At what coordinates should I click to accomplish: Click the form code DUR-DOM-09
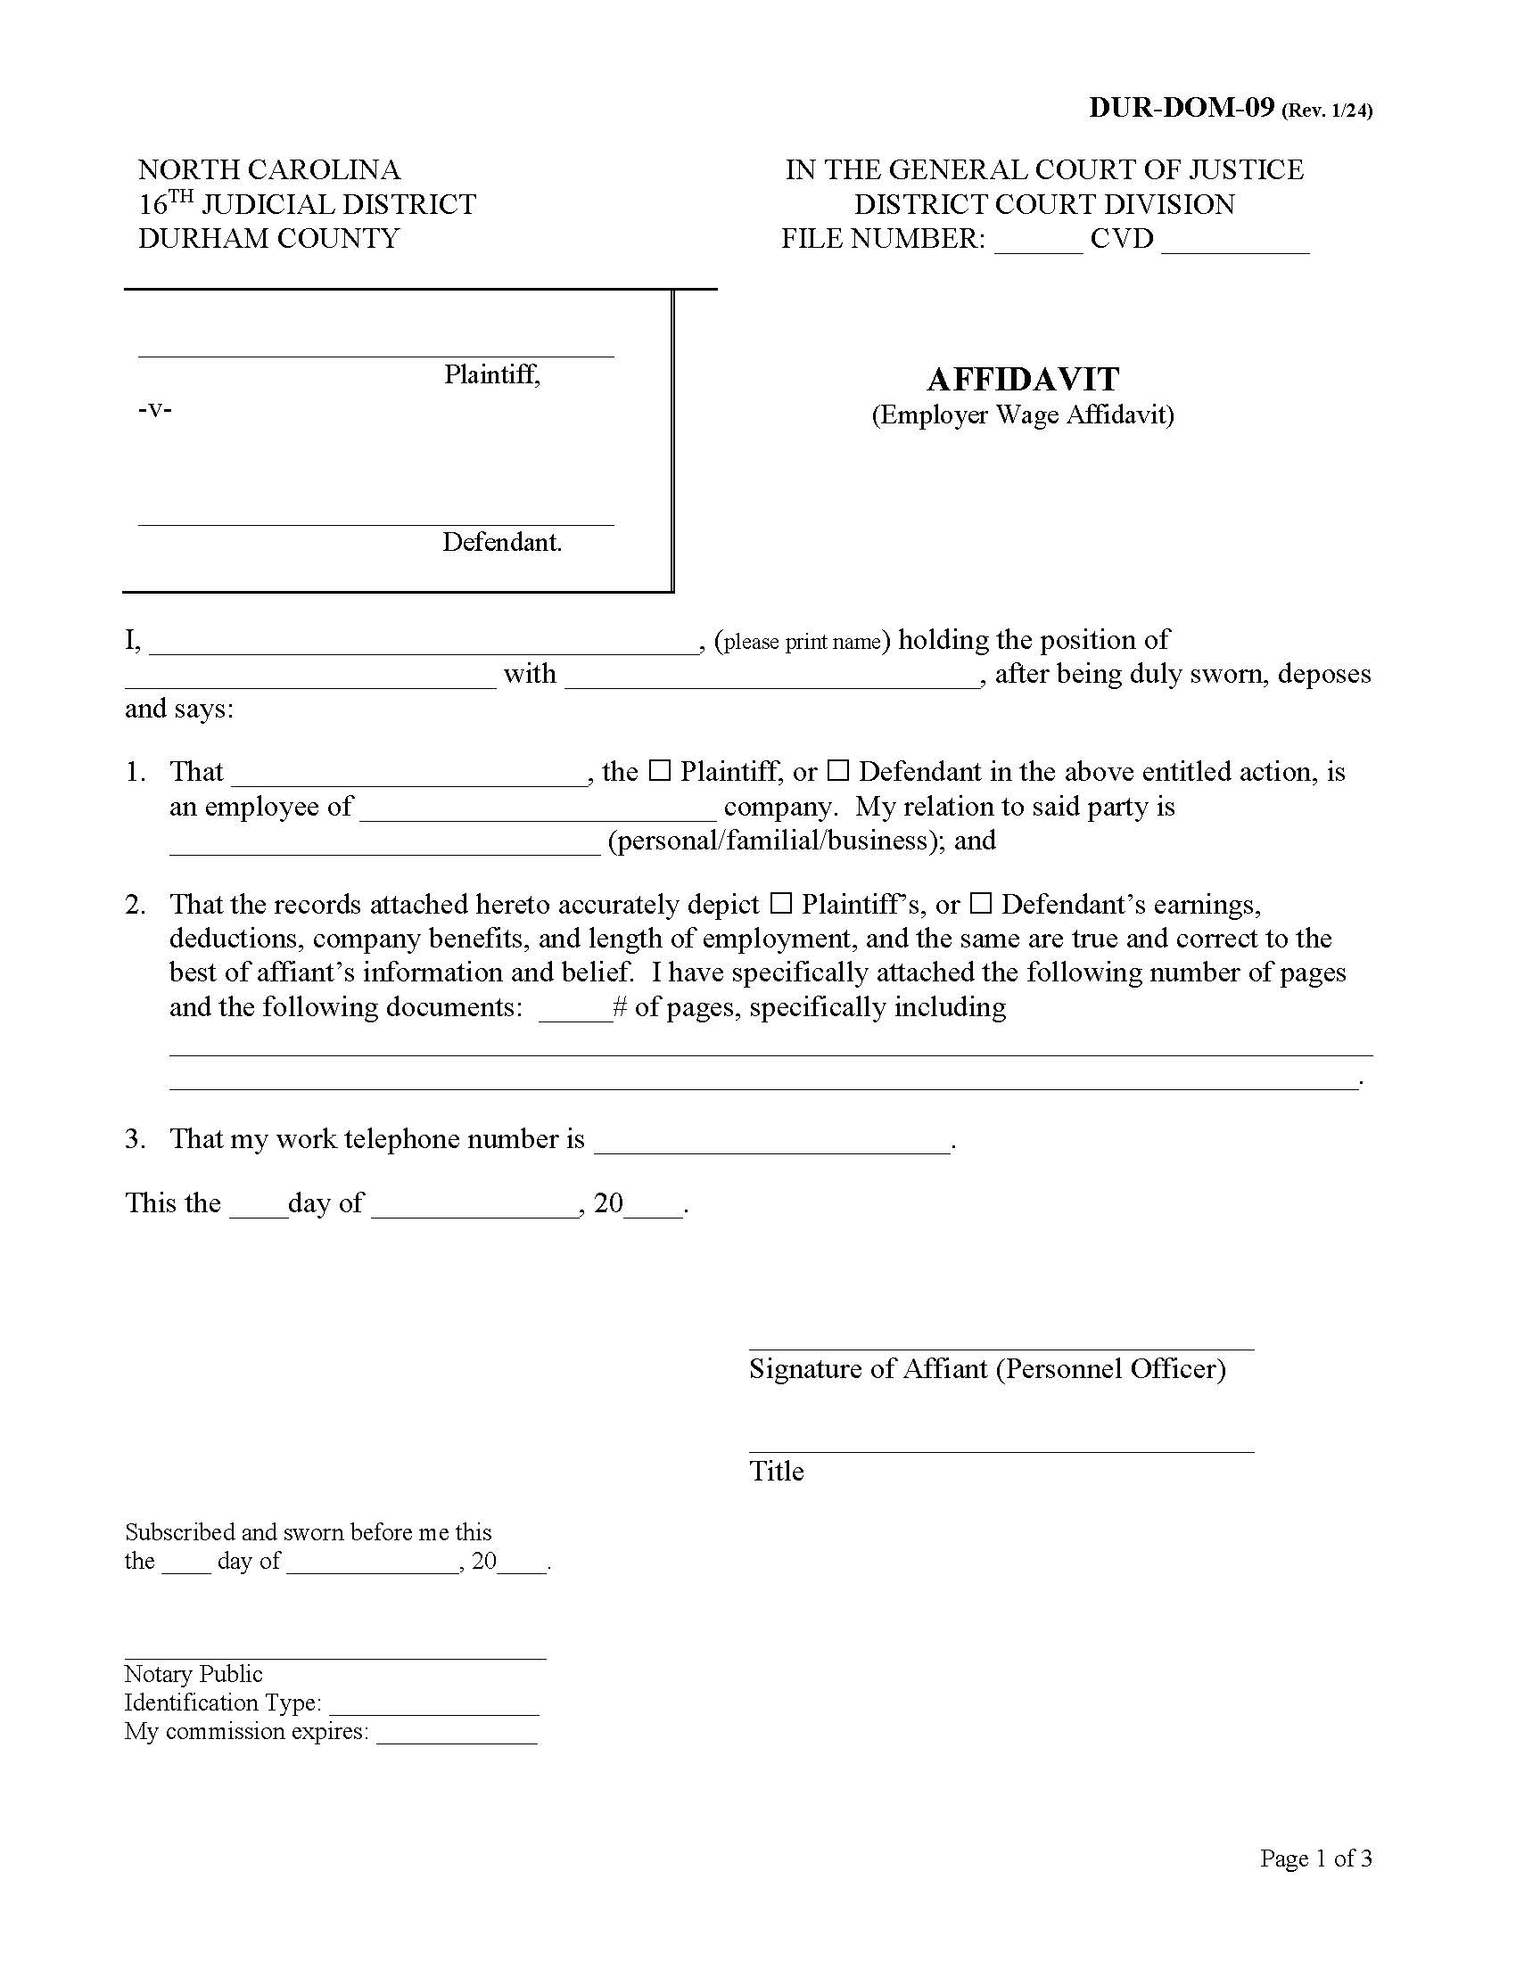pos(1181,108)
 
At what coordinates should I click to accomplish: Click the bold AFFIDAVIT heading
pos(1022,379)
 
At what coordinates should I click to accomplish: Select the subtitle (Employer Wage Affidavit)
pos(1022,414)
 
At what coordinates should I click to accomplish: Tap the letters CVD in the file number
pos(1121,239)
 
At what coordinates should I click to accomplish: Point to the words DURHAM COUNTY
pos(268,239)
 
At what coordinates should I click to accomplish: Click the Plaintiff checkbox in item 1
pos(660,770)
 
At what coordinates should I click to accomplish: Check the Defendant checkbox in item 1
pos(838,770)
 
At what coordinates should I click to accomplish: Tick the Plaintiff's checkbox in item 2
pos(781,902)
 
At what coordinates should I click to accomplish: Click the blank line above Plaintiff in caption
pos(375,350)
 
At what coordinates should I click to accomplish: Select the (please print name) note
pos(801,642)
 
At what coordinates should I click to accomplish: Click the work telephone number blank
pos(772,1145)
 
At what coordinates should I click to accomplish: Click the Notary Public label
pos(194,1675)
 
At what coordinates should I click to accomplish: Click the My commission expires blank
pos(457,1735)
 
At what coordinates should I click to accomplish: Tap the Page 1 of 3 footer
pos(1314,1858)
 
